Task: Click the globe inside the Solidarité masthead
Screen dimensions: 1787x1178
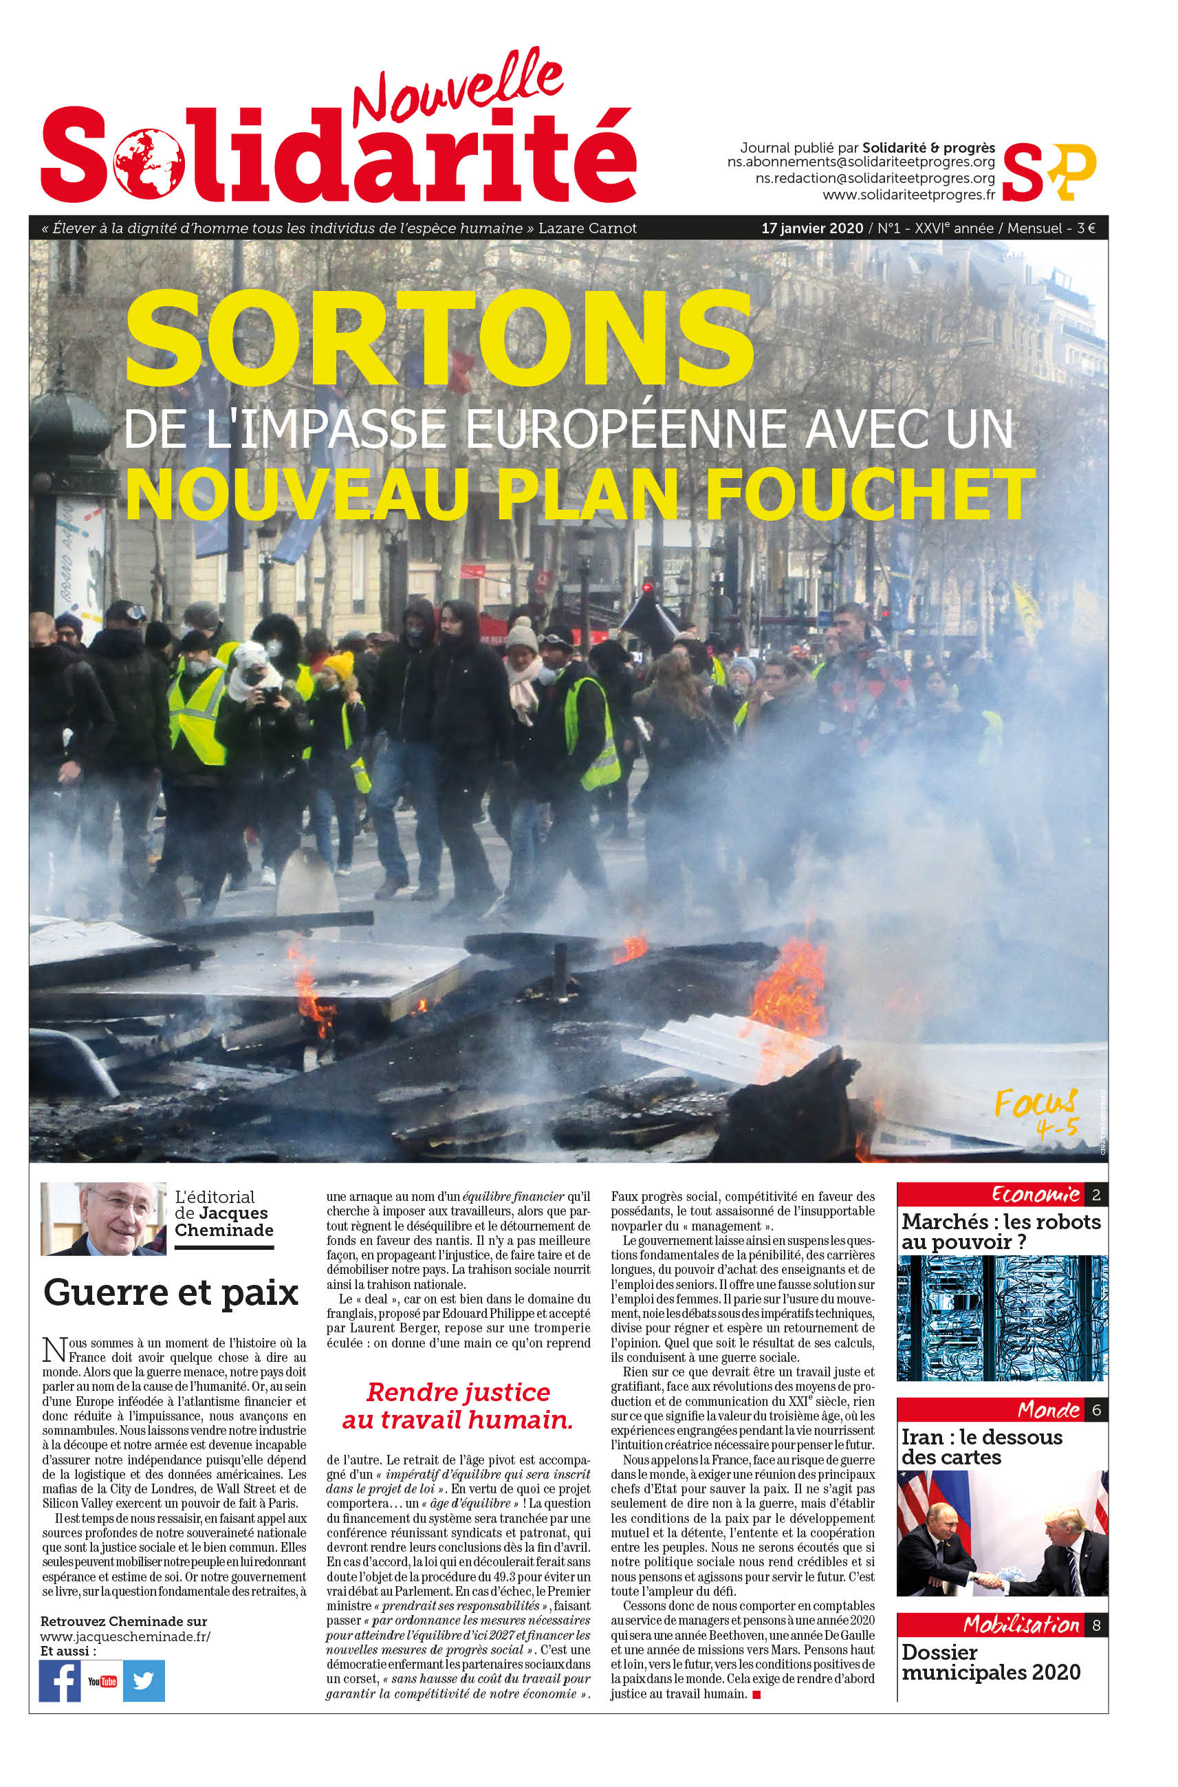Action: pyautogui.click(x=149, y=163)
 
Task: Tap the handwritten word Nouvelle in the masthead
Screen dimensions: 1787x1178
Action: pyautogui.click(x=458, y=89)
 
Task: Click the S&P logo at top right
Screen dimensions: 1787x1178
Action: pyautogui.click(x=1049, y=171)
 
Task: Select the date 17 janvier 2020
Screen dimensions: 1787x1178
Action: pyautogui.click(x=811, y=228)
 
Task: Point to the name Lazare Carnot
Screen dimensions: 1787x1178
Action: pyautogui.click(x=587, y=228)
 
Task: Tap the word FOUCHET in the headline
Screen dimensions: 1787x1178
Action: pyautogui.click(x=870, y=494)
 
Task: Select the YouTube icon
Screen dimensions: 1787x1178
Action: pyautogui.click(x=102, y=1681)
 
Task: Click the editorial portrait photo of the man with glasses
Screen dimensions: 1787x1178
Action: pyautogui.click(x=104, y=1218)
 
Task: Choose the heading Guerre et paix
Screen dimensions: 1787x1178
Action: pyautogui.click(x=171, y=1292)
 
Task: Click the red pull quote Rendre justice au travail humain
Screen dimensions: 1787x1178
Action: pyautogui.click(x=458, y=1405)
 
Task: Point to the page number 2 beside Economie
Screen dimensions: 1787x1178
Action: pyautogui.click(x=1096, y=1194)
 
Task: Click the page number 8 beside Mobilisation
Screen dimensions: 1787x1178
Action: pyautogui.click(x=1096, y=1625)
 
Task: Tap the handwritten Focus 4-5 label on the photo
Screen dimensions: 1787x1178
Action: pyautogui.click(x=1037, y=1113)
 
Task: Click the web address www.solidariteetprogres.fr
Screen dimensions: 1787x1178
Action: pyautogui.click(x=908, y=195)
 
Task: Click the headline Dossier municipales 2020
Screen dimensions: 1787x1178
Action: pyautogui.click(x=990, y=1663)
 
